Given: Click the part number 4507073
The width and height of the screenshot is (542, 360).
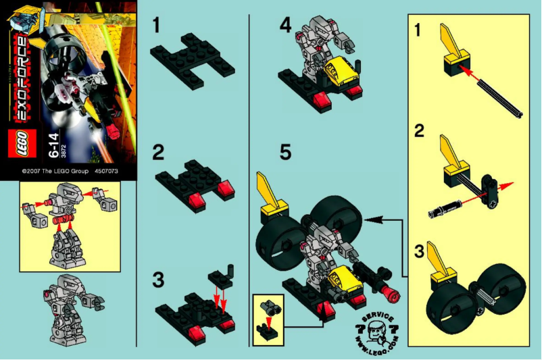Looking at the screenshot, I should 106,172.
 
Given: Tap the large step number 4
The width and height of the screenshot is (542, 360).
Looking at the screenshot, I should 286,26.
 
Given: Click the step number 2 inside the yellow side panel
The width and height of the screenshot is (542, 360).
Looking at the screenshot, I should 420,131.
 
